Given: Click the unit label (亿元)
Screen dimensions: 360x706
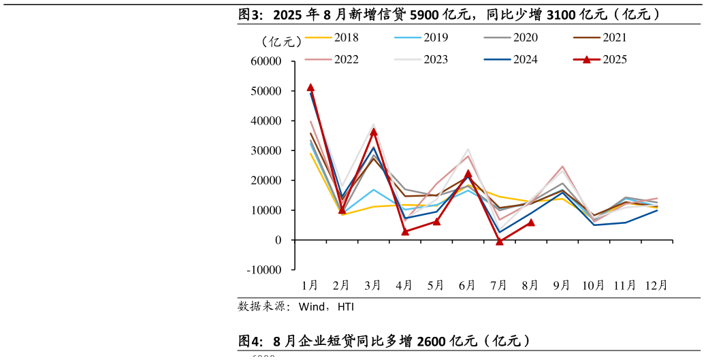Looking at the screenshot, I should (x=280, y=42).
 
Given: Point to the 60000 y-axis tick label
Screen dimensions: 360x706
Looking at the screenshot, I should (x=266, y=61).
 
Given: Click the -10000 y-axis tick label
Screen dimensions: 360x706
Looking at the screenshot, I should (x=265, y=270).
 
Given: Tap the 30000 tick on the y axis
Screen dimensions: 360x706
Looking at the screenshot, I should (x=266, y=150).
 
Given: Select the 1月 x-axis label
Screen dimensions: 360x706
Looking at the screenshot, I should (x=310, y=285).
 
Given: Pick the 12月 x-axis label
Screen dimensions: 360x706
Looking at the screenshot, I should (x=656, y=285).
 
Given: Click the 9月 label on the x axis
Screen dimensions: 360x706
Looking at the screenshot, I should (x=561, y=285).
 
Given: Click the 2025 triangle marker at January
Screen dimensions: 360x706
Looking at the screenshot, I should (x=310, y=88).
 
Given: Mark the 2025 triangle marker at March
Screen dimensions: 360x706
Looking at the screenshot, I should (x=373, y=131).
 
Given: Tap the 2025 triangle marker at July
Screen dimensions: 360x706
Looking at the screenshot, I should (x=500, y=241).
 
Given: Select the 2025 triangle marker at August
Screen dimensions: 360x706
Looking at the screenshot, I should (x=531, y=223).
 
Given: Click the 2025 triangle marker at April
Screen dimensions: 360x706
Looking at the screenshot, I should (x=405, y=231).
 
